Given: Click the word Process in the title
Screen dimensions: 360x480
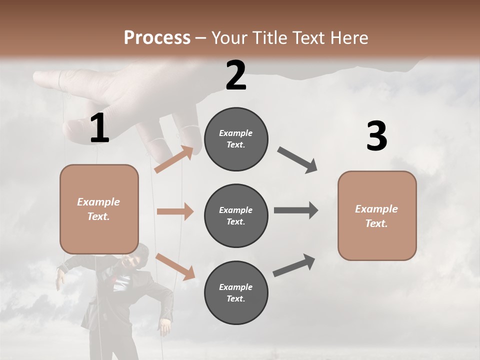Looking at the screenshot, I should (x=157, y=37).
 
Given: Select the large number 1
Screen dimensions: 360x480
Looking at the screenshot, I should (x=99, y=128).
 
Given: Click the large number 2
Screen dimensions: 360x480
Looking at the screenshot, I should (x=236, y=75).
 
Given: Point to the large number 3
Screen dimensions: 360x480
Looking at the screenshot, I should (x=376, y=136).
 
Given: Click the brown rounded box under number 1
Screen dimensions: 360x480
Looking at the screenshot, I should (x=99, y=209).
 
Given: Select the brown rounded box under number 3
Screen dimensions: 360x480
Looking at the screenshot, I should (x=377, y=215).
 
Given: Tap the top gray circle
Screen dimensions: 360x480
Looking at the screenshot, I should (x=236, y=139).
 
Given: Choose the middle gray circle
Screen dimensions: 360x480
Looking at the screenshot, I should (x=236, y=215).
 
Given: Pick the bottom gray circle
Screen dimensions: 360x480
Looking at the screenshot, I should (x=236, y=292).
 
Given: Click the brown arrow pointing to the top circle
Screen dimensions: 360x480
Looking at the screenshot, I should (x=174, y=159).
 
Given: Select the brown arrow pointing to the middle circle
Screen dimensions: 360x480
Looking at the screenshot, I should (x=175, y=211).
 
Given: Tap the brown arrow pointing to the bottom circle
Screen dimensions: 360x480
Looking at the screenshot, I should (x=175, y=266).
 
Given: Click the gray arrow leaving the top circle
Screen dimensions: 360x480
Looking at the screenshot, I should (x=297, y=159).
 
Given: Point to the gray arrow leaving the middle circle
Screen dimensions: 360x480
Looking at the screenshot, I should (x=295, y=210).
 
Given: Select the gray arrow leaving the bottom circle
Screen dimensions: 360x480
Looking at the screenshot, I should (x=294, y=265).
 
